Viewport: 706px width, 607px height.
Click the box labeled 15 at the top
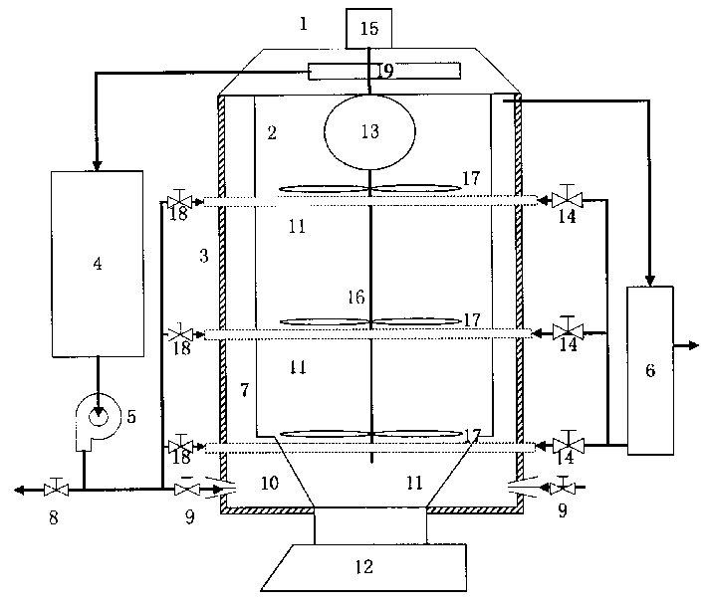(368, 28)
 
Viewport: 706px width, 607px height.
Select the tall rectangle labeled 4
(97, 264)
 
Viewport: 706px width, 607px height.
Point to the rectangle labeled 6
(650, 369)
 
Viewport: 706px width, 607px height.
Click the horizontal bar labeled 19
(384, 71)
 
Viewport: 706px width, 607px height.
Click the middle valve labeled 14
(567, 331)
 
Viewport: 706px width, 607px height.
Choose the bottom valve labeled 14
(567, 445)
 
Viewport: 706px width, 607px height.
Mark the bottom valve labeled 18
(180, 445)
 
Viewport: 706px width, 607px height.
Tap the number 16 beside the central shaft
(355, 297)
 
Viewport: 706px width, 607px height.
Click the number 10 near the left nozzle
(269, 484)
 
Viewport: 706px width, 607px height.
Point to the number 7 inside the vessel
(244, 389)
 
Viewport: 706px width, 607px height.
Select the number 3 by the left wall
(203, 256)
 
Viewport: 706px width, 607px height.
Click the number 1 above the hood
(303, 23)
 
